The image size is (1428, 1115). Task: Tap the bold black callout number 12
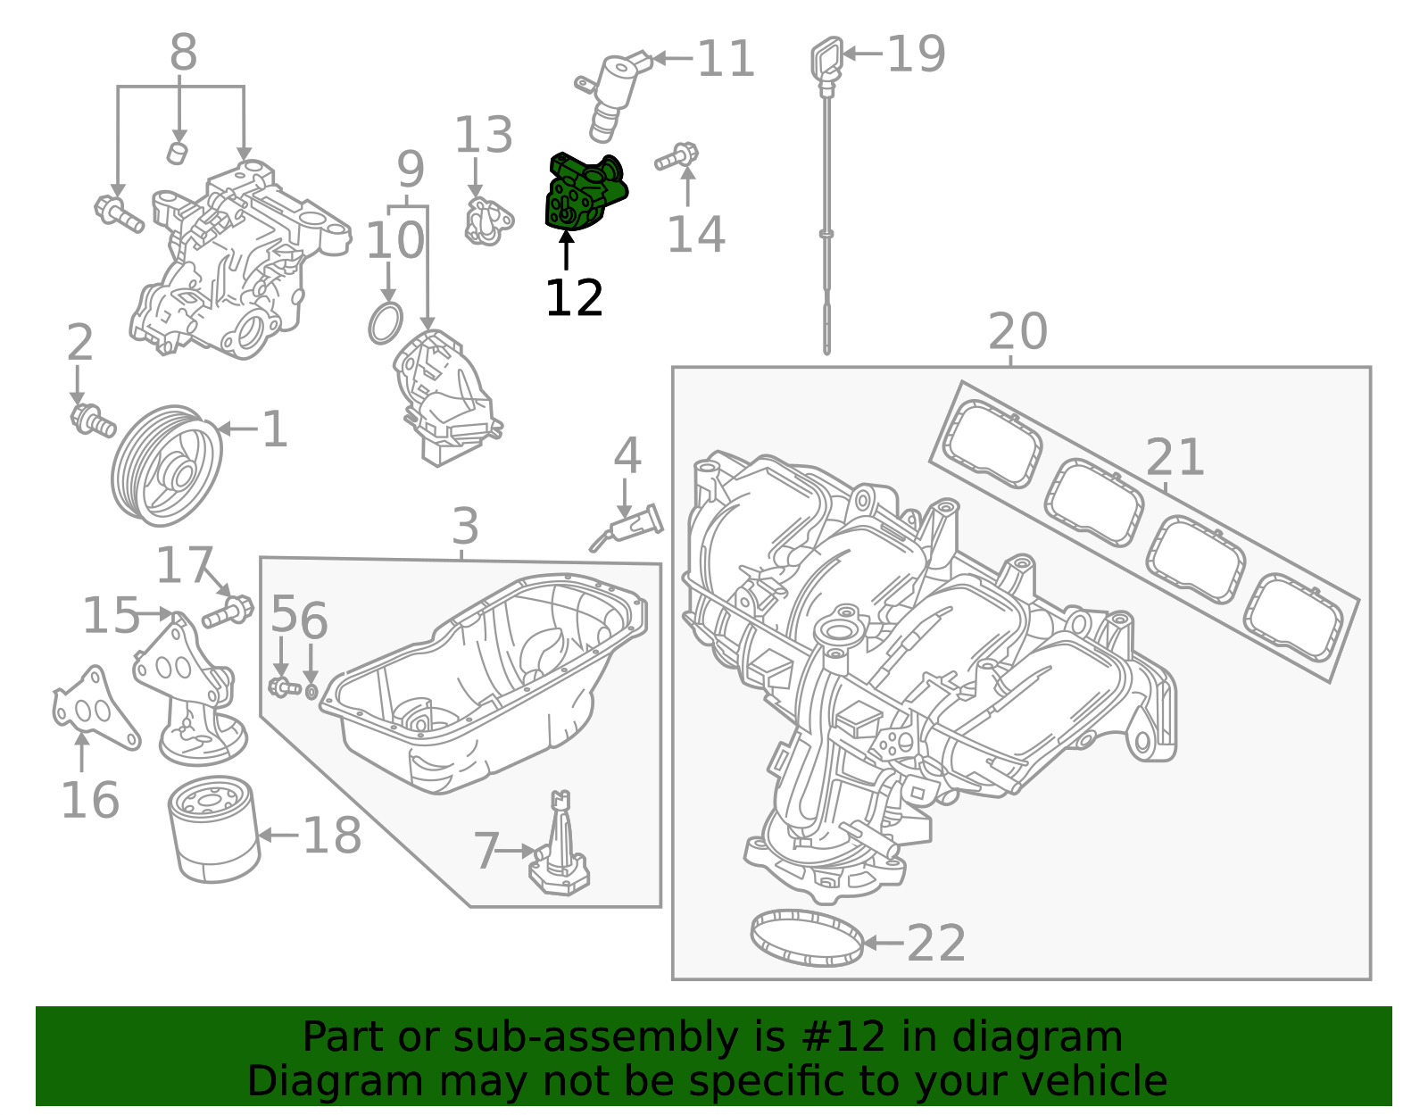[x=574, y=298]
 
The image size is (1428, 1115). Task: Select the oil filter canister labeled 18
[x=214, y=830]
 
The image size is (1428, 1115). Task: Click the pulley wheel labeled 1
[x=167, y=465]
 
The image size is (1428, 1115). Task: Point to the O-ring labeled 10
[x=386, y=323]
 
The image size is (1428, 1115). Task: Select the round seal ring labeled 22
[x=807, y=937]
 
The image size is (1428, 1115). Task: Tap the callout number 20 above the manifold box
[x=1017, y=332]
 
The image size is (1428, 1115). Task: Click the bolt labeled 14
[x=677, y=157]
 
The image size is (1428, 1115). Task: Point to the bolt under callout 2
[x=93, y=420]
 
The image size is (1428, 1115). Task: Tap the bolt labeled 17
[x=228, y=612]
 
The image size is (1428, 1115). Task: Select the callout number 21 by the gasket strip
[x=1174, y=457]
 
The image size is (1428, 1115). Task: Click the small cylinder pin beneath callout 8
[x=178, y=152]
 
